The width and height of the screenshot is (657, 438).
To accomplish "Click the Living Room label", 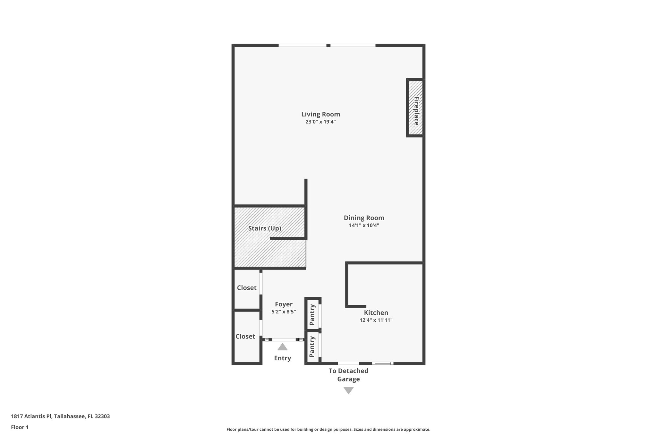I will click(320, 114).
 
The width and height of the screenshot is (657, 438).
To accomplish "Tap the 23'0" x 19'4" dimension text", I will click(320, 122).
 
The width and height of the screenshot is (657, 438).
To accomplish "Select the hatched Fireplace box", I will click(415, 108).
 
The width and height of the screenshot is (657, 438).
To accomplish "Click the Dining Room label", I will click(364, 218).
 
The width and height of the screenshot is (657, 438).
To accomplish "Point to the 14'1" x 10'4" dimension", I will click(364, 225).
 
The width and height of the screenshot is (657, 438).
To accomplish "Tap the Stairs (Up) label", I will click(265, 228).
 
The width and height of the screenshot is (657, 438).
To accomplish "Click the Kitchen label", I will click(376, 313).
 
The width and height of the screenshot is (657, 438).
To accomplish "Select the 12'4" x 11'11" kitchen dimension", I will click(376, 320).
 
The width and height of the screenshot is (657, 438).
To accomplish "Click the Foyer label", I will click(284, 304).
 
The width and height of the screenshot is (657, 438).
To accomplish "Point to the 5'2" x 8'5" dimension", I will click(284, 312).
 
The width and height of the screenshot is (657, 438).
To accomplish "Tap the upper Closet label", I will click(247, 288).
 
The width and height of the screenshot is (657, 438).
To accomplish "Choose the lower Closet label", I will click(245, 337).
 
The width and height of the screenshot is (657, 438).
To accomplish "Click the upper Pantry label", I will click(312, 314).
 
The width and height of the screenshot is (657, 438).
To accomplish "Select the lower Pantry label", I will click(312, 347).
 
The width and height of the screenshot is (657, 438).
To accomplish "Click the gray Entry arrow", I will click(282, 347).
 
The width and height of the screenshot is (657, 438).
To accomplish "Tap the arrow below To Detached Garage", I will click(348, 391).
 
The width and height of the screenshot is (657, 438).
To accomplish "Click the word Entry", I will click(282, 358).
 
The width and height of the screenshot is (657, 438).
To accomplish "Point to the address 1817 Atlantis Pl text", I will click(60, 417).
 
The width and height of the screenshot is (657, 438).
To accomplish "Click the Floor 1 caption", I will click(20, 427).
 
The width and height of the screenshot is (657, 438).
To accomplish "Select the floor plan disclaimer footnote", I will click(328, 429).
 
